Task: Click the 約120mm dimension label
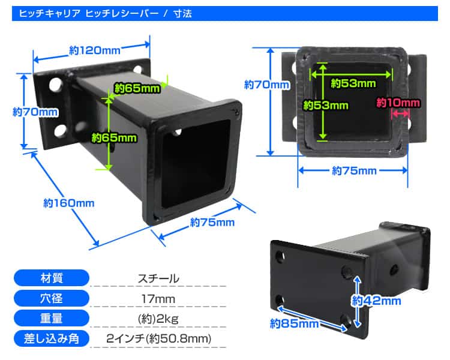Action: click(95, 50)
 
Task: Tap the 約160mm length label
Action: click(69, 203)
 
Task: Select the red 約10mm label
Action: click(398, 103)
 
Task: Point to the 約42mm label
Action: click(376, 301)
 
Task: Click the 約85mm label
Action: click(294, 323)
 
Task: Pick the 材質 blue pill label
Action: click(52, 278)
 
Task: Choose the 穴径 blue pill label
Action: click(52, 298)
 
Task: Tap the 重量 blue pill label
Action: click(52, 319)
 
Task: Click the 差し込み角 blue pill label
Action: click(52, 339)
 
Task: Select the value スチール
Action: click(158, 278)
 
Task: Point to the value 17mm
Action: click(158, 299)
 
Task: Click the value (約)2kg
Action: click(158, 319)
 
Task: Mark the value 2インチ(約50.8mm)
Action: click(159, 339)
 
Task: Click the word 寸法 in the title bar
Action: click(182, 13)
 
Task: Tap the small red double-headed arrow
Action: click(401, 113)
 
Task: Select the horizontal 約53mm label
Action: click(353, 83)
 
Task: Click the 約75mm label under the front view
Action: click(354, 170)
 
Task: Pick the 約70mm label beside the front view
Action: click(267, 85)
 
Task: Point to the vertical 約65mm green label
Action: click(114, 138)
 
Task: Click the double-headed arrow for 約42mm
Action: click(357, 302)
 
